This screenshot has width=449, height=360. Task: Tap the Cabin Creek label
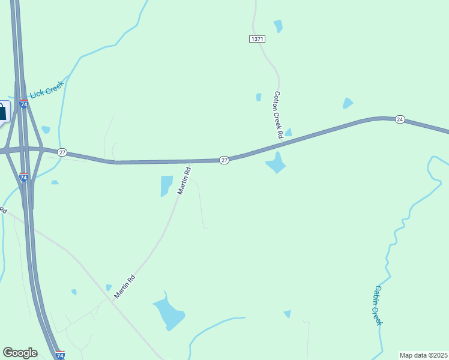[x=378, y=305]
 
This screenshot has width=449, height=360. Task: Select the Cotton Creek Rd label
[x=278, y=115]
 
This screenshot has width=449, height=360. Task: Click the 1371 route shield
[x=257, y=39]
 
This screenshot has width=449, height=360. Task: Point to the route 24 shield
[x=400, y=120]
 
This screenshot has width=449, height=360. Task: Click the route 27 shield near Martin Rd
[x=224, y=160]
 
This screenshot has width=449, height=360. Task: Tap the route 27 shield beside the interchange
[x=62, y=152]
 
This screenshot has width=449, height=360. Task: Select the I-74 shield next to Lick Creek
[x=23, y=104]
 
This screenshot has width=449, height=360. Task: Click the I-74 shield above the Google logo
[x=60, y=355]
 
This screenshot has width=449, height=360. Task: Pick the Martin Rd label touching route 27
[x=184, y=180]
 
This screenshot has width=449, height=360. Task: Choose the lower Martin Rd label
[x=125, y=286]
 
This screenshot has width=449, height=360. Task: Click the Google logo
[x=20, y=353]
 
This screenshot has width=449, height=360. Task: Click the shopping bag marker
[x=2, y=112]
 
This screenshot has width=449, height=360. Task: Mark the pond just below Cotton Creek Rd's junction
[x=276, y=163]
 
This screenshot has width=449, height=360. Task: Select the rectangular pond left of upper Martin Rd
[x=166, y=185]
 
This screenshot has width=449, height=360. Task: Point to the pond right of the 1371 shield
[x=278, y=26]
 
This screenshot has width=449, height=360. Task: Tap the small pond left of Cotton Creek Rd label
[x=259, y=97]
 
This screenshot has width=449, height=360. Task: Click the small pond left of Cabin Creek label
[x=288, y=314]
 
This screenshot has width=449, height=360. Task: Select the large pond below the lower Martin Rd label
[x=169, y=313]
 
